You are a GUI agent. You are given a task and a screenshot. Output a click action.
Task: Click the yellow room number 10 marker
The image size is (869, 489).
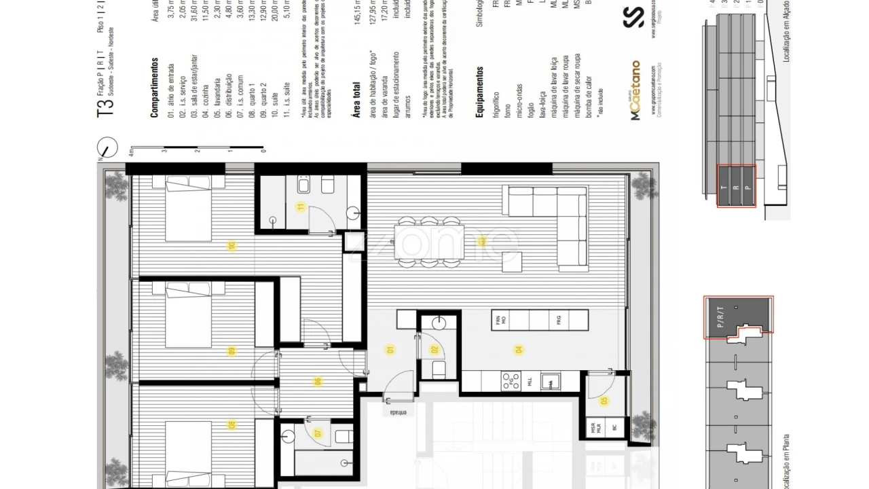coord(232,247)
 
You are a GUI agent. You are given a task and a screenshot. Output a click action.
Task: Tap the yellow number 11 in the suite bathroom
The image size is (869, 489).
coord(301,207)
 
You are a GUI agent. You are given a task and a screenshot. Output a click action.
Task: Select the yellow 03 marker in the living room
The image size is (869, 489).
coord(481,241)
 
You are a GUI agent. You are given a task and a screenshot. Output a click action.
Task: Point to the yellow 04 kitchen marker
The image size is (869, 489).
coord(519,350)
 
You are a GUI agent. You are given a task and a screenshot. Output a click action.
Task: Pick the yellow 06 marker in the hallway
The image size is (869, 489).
coord(316,382)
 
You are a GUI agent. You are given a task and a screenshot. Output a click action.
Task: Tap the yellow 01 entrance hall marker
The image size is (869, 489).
coord(390,350)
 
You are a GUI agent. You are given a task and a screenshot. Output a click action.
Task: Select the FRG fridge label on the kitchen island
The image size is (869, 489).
coord(559,320)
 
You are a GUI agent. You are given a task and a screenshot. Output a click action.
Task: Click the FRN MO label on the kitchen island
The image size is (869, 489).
coord(502,320)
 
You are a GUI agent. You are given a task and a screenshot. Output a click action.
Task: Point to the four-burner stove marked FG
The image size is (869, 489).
coord(511,382)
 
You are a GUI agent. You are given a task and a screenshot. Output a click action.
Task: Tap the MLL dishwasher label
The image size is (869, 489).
coord(530,382)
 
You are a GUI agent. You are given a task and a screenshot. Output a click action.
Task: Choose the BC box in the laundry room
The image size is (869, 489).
coord(614,428)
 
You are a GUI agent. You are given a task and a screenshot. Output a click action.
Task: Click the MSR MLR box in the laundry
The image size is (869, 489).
coord(596,428)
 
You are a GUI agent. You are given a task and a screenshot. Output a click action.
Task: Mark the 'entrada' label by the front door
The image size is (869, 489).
coord(398,412)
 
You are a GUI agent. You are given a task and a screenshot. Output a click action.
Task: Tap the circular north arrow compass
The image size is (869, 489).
coord(107,147)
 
